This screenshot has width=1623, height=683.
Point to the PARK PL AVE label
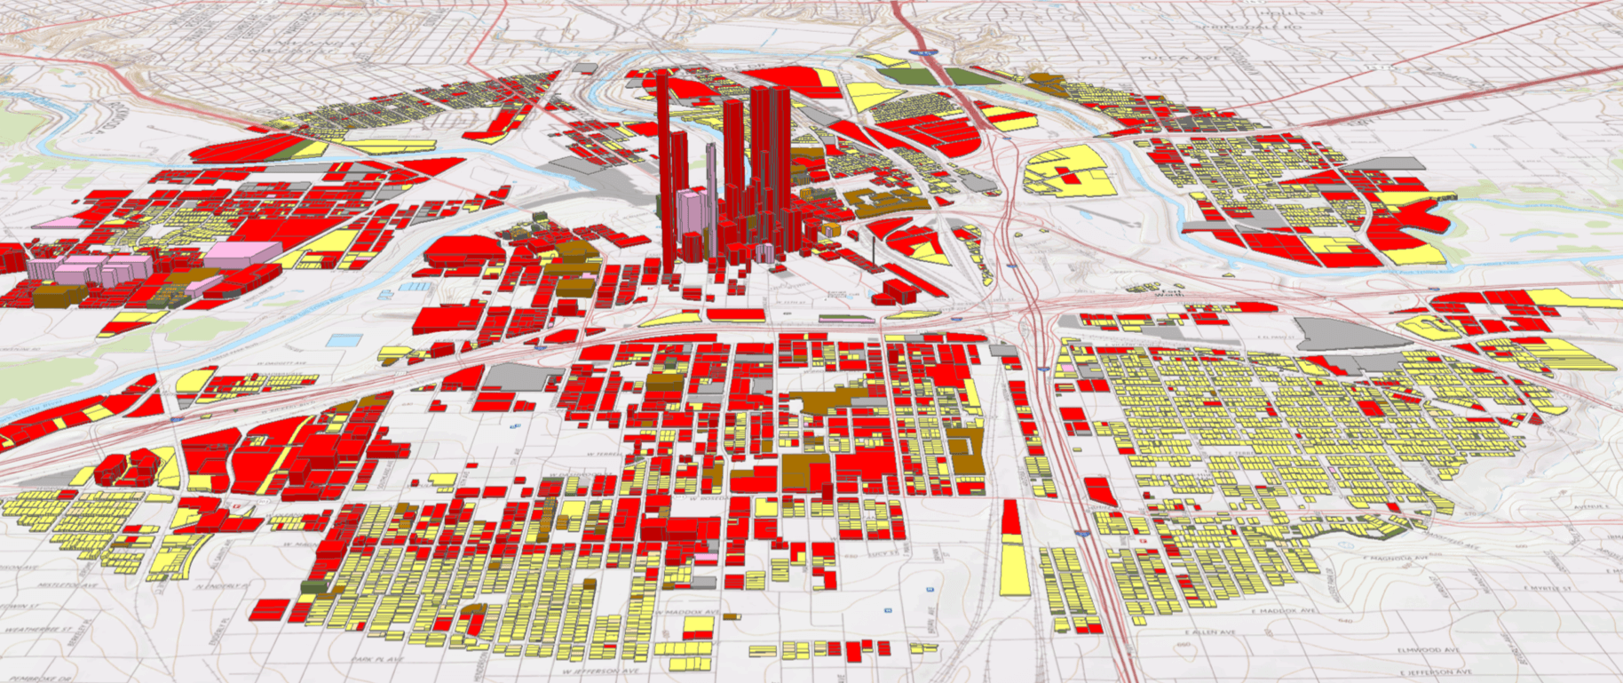coord(373,661)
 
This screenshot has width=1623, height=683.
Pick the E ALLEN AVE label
coord(1213,632)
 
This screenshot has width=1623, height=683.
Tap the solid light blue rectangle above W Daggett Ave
coord(344,339)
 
